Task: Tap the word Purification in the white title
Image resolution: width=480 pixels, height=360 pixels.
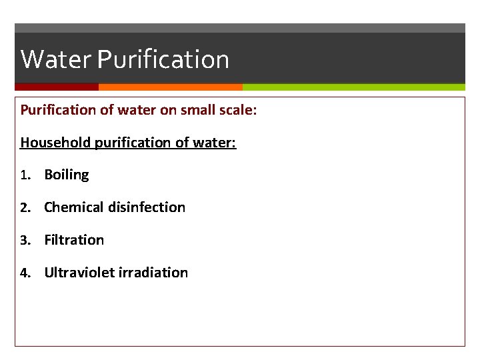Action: click(x=163, y=59)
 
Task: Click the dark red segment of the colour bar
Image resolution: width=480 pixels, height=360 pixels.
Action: click(x=57, y=87)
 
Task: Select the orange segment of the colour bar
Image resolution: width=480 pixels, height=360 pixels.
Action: click(x=170, y=87)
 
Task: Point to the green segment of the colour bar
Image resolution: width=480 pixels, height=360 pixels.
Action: click(x=353, y=87)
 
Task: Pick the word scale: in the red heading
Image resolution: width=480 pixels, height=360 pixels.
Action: click(x=237, y=109)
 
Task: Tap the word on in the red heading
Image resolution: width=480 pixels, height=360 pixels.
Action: click(x=168, y=109)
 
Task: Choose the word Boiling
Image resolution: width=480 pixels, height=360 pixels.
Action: click(x=66, y=175)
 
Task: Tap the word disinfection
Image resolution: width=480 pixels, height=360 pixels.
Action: click(x=145, y=207)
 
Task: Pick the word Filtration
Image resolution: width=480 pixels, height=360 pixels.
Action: click(x=74, y=240)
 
